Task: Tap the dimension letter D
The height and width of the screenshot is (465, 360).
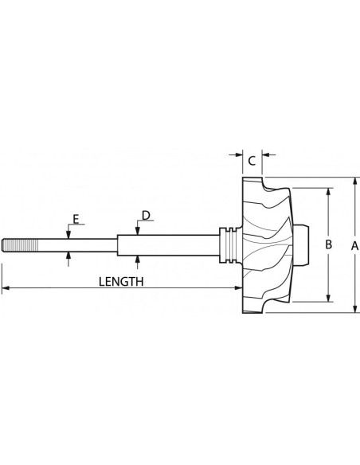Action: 146,215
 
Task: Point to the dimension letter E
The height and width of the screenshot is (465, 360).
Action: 76,217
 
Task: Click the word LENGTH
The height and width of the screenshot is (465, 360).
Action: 120,281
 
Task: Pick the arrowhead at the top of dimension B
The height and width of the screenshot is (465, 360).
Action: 327,192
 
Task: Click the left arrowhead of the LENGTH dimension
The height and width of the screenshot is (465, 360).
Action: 5,287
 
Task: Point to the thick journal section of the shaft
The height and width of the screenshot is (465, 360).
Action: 167,244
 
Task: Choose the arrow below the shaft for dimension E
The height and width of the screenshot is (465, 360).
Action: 68,254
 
